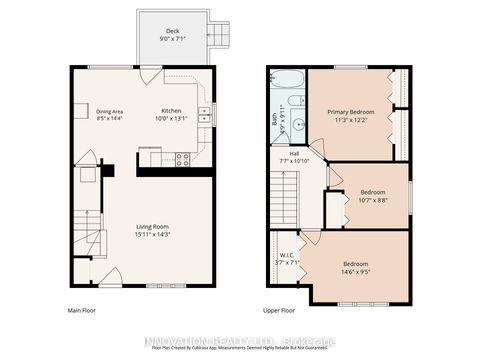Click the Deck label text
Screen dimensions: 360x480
(173, 32)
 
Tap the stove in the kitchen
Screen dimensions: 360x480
(183, 157)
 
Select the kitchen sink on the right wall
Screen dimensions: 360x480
(205, 114)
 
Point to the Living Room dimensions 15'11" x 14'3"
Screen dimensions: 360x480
(152, 235)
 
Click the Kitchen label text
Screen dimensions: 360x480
(172, 110)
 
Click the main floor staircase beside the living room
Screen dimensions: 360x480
(92, 243)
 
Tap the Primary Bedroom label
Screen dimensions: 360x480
(348, 111)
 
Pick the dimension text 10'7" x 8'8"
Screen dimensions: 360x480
(374, 199)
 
